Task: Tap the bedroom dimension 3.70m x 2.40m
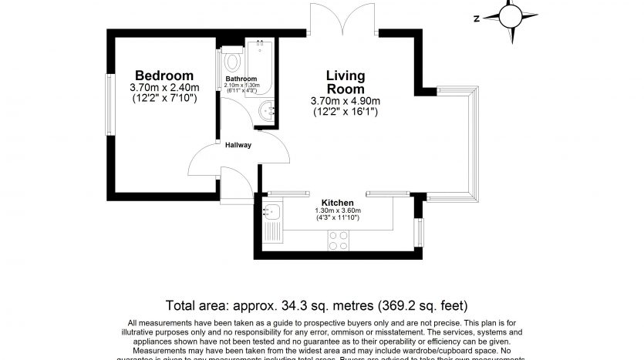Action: click(x=164, y=87)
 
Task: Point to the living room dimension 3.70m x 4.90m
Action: click(x=345, y=101)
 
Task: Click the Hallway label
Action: click(x=238, y=145)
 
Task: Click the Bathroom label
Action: click(x=241, y=79)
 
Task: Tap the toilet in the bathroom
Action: click(x=232, y=59)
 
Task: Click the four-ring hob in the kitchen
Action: click(x=338, y=241)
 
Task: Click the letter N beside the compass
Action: click(x=477, y=18)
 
